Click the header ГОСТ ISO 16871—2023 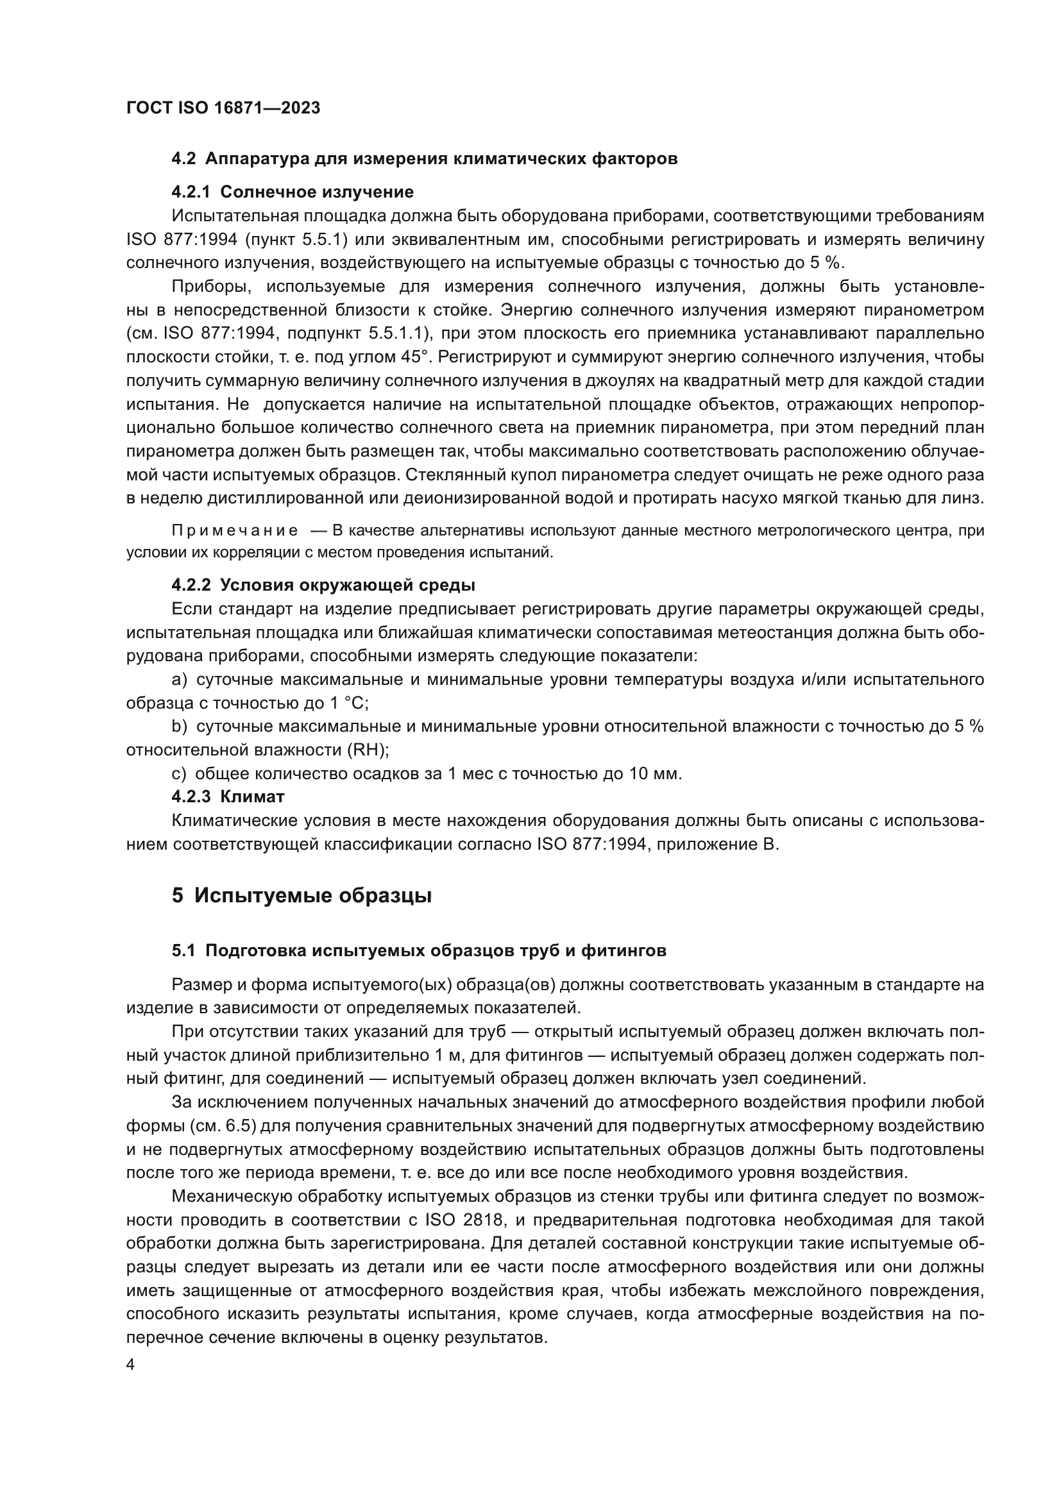(x=223, y=108)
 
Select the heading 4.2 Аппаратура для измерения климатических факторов (x=424, y=159)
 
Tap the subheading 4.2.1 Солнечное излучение (x=292, y=192)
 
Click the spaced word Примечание (x=235, y=530)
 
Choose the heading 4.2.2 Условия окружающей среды (x=323, y=585)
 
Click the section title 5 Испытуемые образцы (x=301, y=896)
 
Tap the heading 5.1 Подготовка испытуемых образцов (x=419, y=951)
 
